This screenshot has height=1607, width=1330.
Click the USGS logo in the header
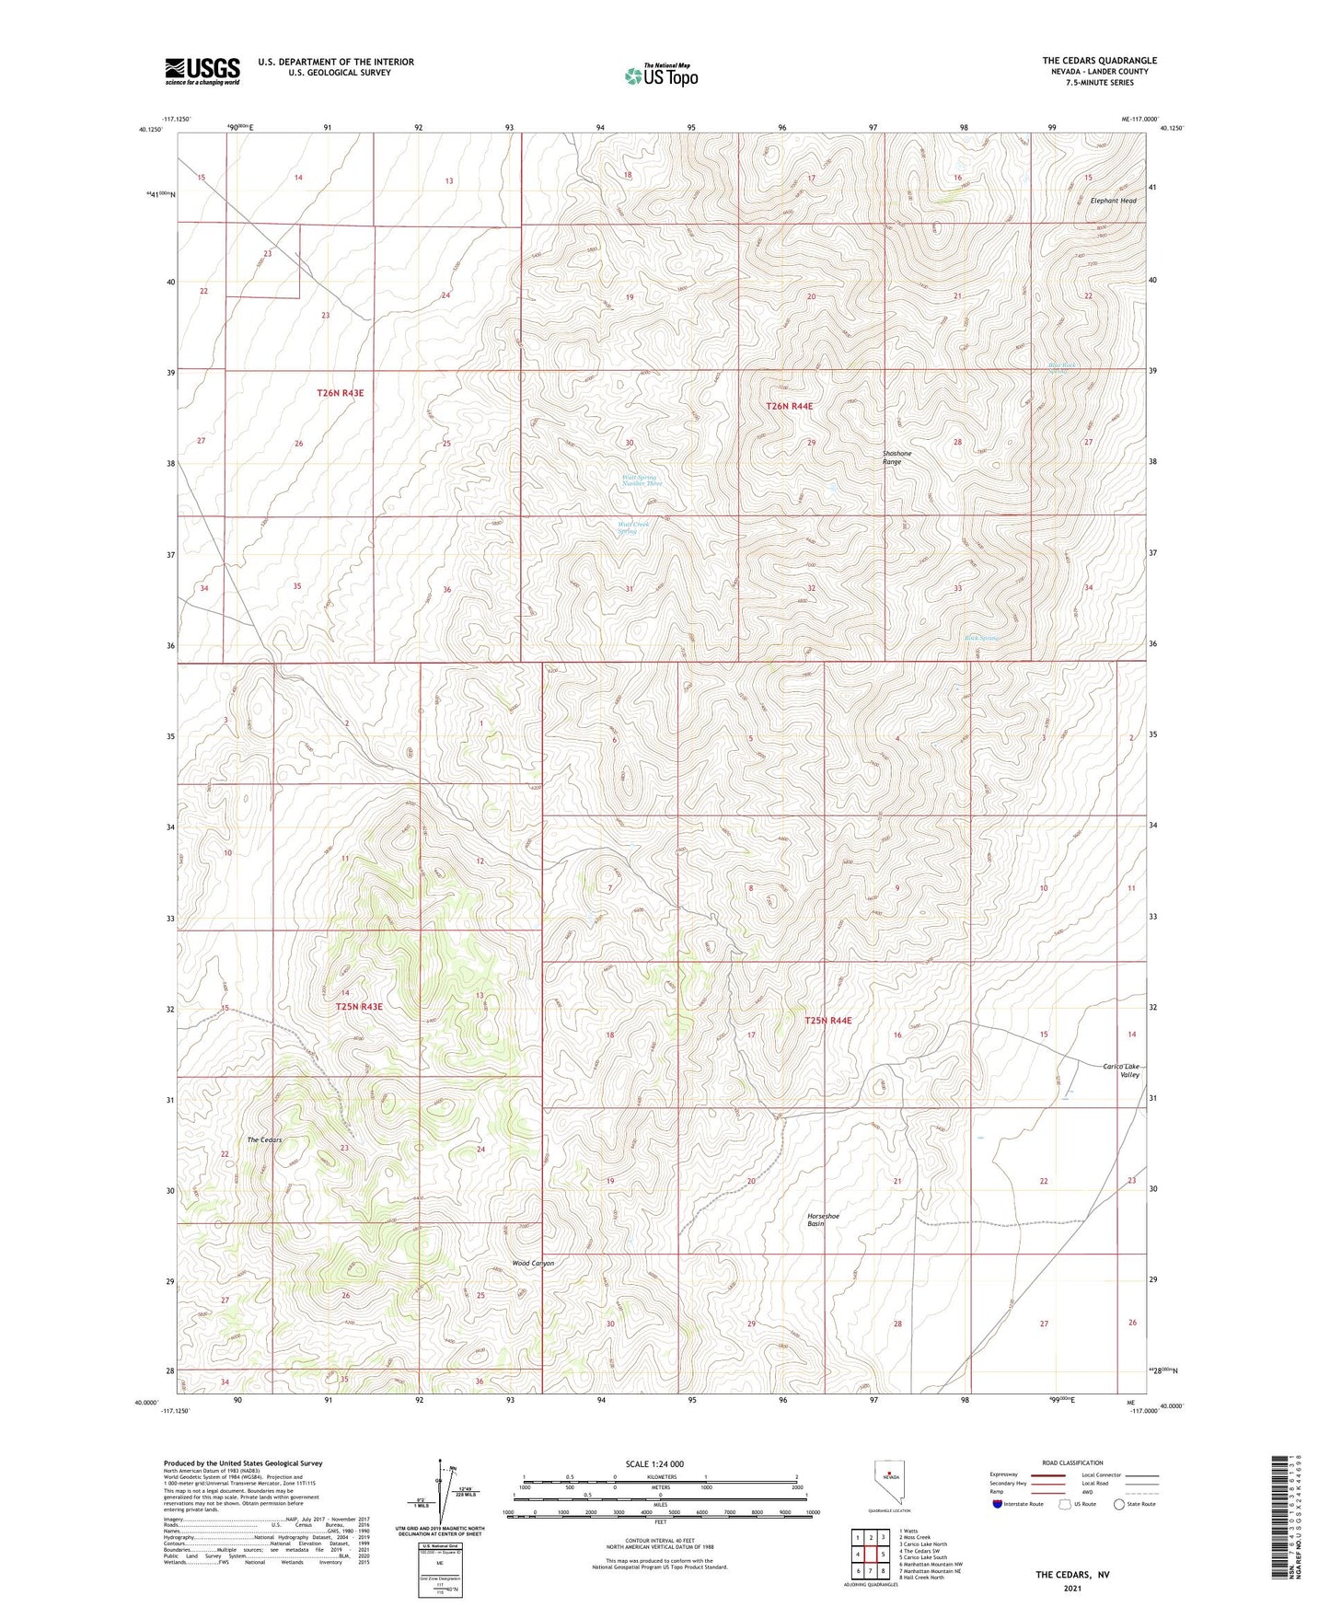[x=202, y=71]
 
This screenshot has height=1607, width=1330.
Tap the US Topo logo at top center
[x=661, y=75]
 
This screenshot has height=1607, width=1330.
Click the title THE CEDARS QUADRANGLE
[x=1099, y=61]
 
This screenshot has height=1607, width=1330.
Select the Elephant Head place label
[x=1113, y=201]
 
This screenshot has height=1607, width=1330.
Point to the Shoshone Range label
[x=896, y=457]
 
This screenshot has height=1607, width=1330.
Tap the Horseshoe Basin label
[x=823, y=1220]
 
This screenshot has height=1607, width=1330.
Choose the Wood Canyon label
[x=533, y=1264]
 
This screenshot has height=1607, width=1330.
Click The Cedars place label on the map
[x=264, y=1140]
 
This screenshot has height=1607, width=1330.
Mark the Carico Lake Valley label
[x=1121, y=1070]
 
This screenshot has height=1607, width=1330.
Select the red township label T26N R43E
[x=340, y=393]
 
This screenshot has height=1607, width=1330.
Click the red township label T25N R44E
[x=827, y=1021]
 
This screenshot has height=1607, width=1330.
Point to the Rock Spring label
[x=981, y=638]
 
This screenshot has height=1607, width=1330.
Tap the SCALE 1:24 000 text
[x=654, y=1464]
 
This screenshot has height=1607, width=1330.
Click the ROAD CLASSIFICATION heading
[x=1072, y=1462]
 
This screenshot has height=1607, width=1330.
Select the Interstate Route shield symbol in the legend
[x=998, y=1504]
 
